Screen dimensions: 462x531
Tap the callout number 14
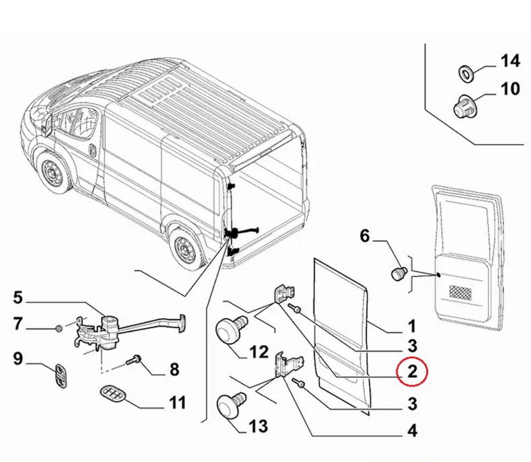[x=509, y=62]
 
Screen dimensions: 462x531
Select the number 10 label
[x=509, y=89]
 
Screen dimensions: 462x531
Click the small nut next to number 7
[x=59, y=328]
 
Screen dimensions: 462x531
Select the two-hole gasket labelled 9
[x=61, y=374]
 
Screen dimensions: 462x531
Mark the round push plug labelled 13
[x=230, y=408]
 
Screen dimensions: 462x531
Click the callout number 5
[x=17, y=297]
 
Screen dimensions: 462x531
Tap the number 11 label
[x=176, y=403]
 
